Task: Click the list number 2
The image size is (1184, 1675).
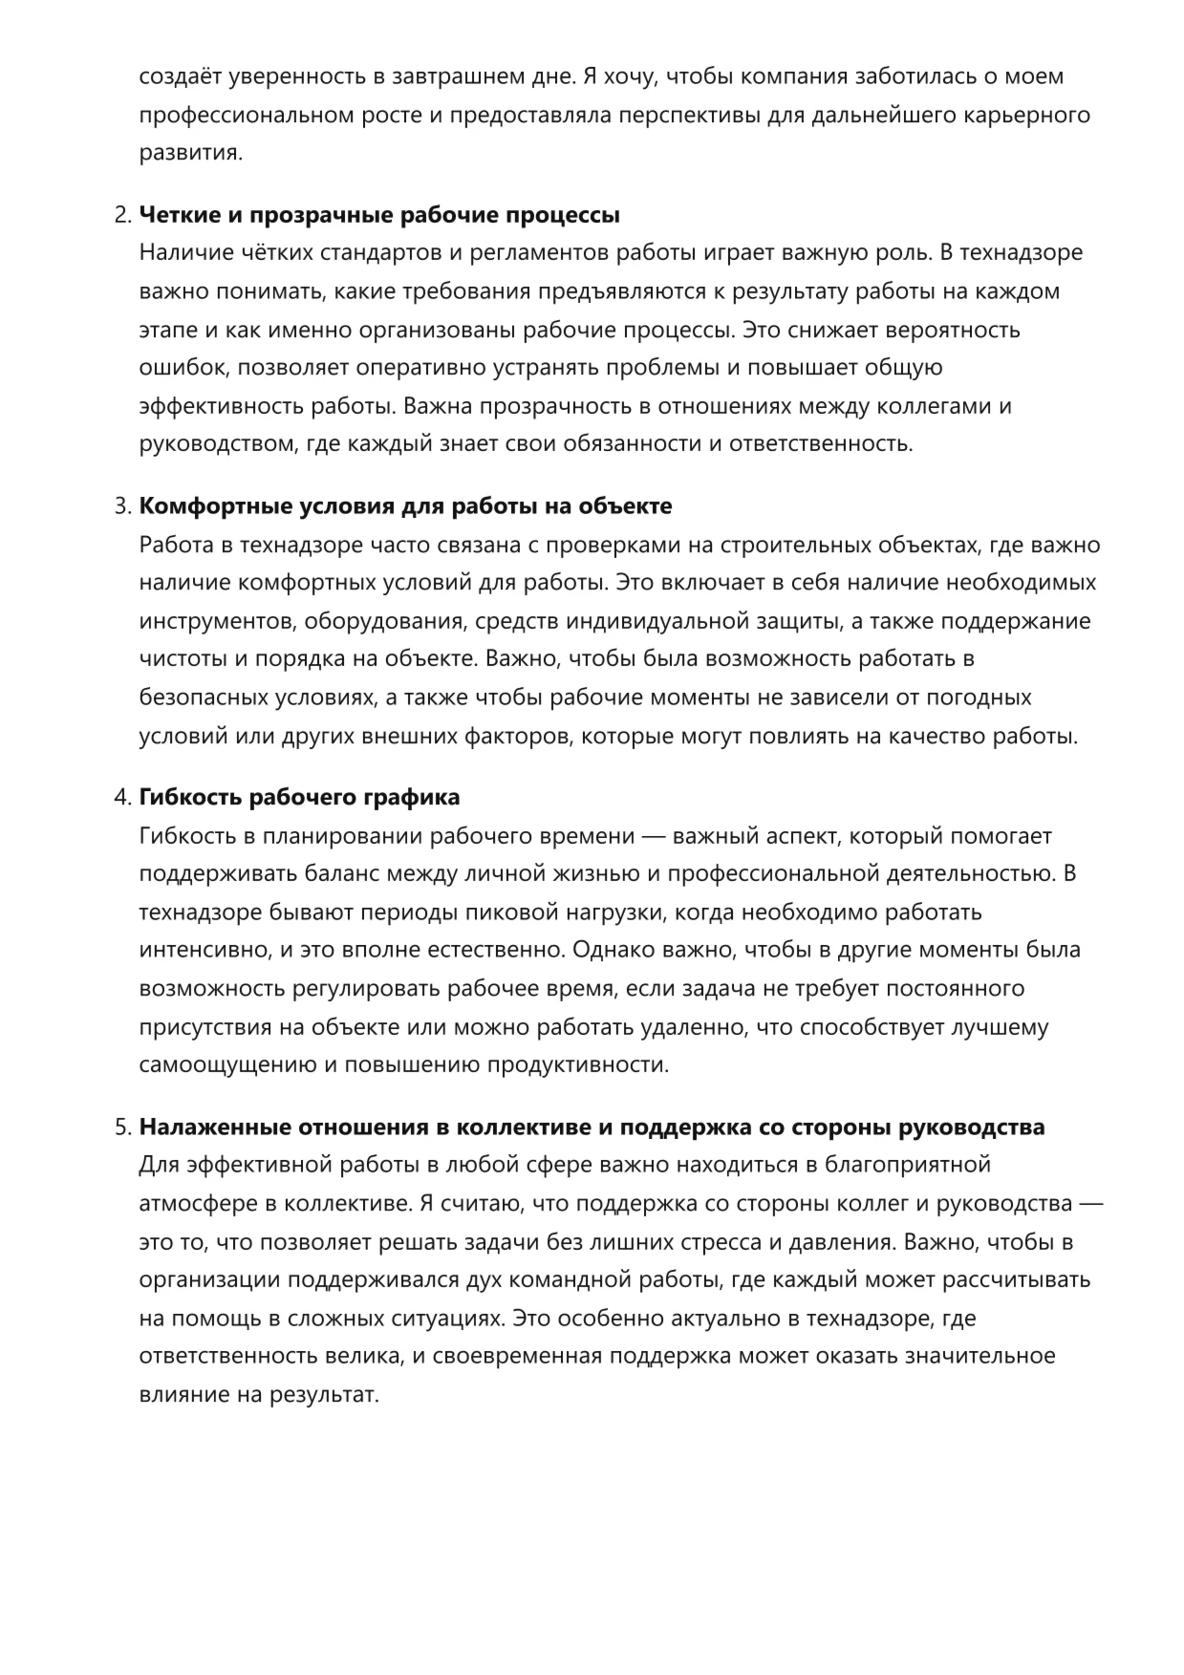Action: (121, 215)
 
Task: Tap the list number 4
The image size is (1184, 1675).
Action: (121, 797)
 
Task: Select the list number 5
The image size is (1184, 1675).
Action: (121, 1127)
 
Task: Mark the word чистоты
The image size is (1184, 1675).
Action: (180, 659)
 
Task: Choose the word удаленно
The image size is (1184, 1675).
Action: (701, 1027)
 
